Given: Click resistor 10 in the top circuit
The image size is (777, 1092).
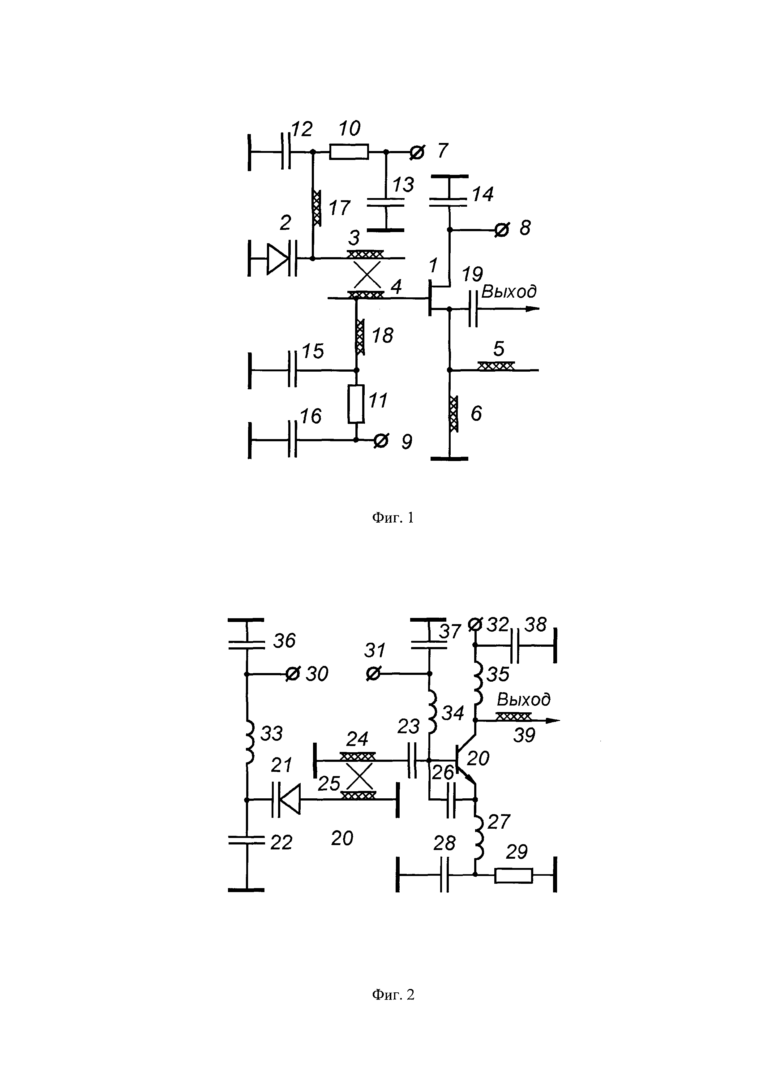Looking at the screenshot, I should (x=349, y=152).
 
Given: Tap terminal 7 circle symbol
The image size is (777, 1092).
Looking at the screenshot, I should (x=417, y=152).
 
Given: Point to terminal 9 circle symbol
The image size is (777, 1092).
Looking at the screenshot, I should (x=381, y=440).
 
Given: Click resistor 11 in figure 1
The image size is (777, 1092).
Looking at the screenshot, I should (x=356, y=404).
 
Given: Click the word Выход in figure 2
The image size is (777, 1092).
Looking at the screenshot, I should (x=523, y=700).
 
